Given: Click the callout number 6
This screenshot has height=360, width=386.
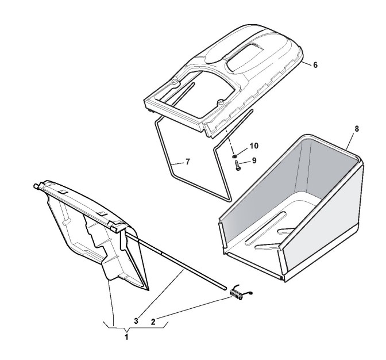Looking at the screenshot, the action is [315, 65].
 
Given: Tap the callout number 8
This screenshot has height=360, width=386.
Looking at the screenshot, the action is [357, 129].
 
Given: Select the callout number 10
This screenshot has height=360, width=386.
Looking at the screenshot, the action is [254, 145].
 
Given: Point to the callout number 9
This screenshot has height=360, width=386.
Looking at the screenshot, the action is [254, 160].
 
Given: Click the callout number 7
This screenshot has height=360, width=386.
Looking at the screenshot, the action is [188, 162].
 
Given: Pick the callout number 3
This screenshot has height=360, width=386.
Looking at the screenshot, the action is [136, 321].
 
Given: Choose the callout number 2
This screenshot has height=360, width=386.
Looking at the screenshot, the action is [153, 321].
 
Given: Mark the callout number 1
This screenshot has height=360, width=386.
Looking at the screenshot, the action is [126, 337].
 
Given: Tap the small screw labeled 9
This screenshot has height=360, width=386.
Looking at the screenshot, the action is [238, 165].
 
